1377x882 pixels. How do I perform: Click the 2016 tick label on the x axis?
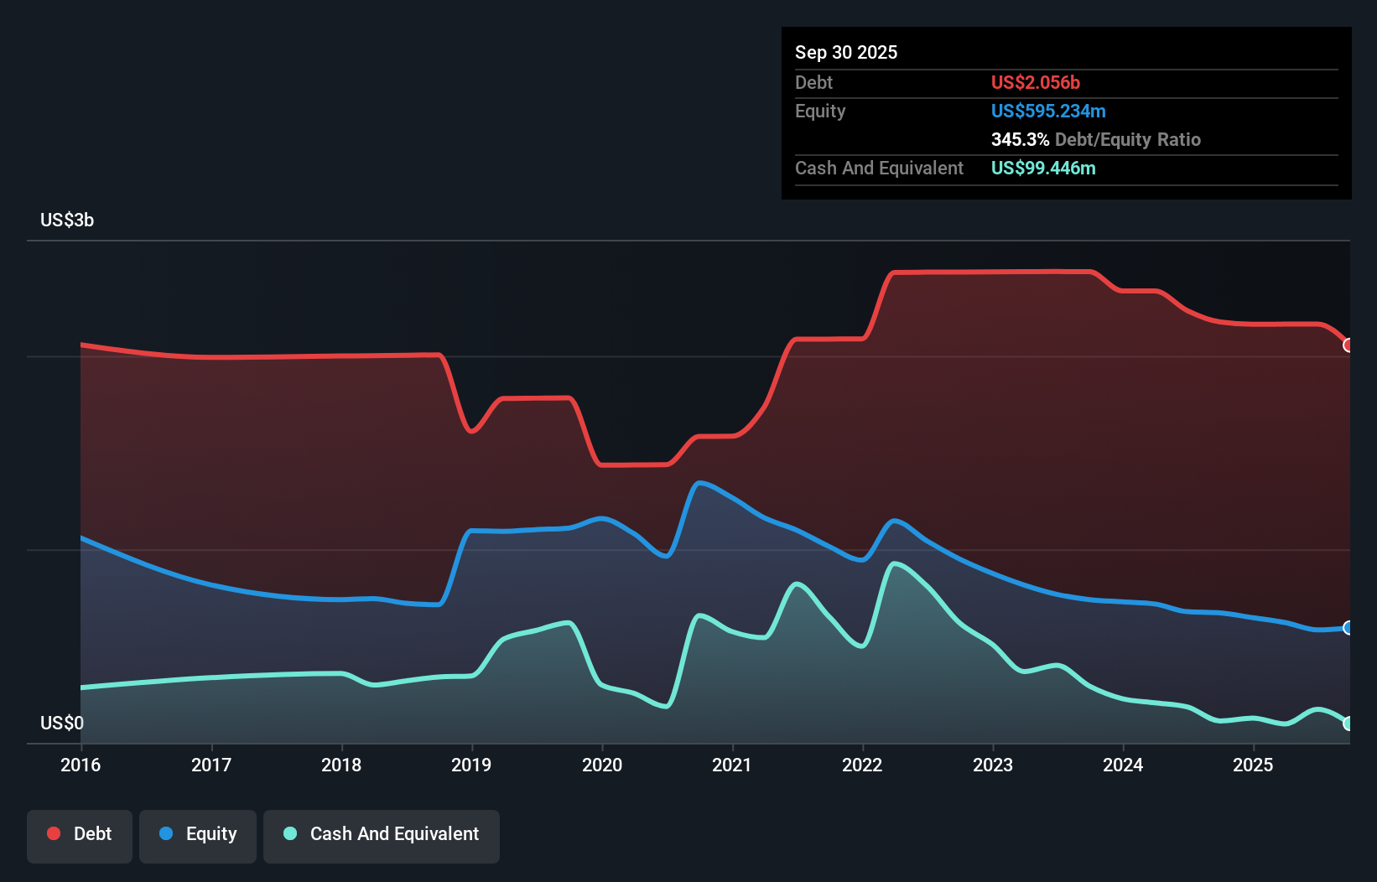tap(81, 765)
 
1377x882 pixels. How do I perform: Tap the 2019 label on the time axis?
tap(471, 765)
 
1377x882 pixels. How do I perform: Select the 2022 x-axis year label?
tap(862, 765)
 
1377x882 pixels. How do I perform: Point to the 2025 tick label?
tap(1253, 765)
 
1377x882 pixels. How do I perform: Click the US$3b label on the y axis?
tap(67, 220)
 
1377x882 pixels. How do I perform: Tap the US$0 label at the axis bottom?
tap(62, 723)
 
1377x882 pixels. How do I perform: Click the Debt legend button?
tap(80, 834)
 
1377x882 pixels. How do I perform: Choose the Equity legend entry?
tap(198, 834)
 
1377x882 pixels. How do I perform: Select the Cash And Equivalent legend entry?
tap(382, 834)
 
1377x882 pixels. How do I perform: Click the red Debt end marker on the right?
tap(1348, 345)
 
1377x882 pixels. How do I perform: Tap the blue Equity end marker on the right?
tap(1348, 628)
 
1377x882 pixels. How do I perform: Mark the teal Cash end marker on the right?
tap(1348, 724)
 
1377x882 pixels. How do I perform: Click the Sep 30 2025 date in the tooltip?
tap(846, 52)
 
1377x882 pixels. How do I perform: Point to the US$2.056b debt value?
tap(1036, 82)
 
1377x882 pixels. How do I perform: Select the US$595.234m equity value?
tap(1048, 111)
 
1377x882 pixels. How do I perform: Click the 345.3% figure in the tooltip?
tap(1020, 139)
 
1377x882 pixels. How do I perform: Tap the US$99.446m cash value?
tap(1043, 168)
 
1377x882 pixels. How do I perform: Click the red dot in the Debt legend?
tap(54, 833)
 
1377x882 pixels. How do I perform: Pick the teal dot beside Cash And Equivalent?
tap(290, 833)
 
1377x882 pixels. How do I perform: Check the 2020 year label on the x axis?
tap(602, 765)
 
